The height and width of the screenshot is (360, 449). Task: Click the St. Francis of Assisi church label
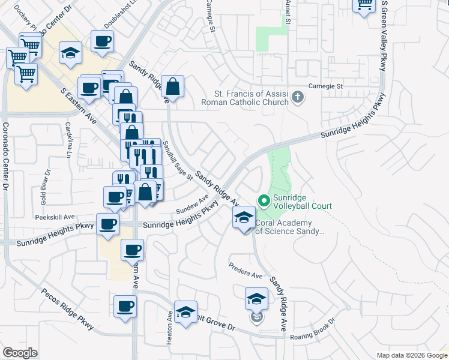tap(251, 98)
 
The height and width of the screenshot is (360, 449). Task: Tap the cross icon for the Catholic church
tap(297, 97)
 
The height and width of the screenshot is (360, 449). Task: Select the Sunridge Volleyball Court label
tap(303, 202)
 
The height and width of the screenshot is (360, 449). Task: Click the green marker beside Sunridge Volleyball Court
tap(263, 200)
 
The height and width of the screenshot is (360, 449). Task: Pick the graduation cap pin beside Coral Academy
tap(244, 218)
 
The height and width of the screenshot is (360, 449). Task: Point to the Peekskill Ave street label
tap(55, 217)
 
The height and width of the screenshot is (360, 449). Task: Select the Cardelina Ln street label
tap(69, 137)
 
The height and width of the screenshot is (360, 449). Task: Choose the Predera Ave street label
tap(245, 270)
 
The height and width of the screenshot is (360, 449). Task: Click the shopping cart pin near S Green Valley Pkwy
tap(364, 6)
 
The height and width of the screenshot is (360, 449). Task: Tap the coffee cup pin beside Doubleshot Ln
tap(102, 42)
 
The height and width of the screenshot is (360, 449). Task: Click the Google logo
tap(20, 353)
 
